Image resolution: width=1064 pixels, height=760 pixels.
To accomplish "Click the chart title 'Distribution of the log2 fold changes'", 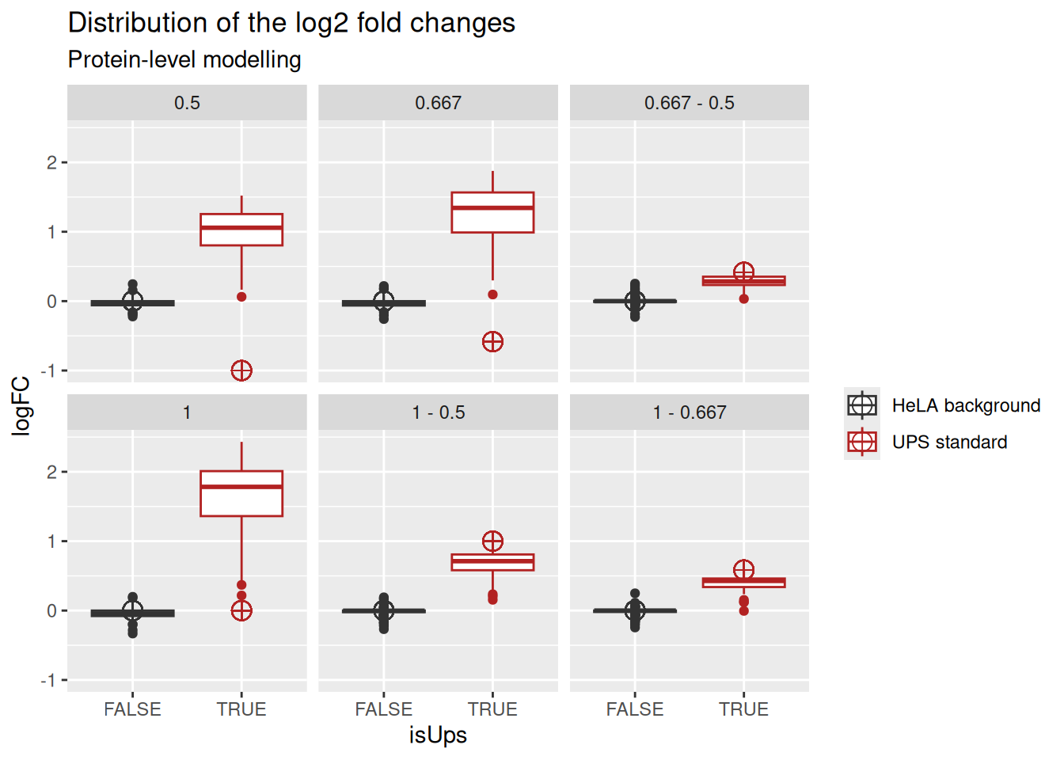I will (x=291, y=23).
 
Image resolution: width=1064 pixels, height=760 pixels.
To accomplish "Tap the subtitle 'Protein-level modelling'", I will (x=184, y=60).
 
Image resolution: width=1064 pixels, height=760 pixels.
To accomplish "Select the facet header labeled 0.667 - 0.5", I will (x=689, y=103).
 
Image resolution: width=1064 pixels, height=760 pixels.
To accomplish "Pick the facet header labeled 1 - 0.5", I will (x=438, y=412).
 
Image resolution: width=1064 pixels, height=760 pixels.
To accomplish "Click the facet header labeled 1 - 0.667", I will (x=689, y=412).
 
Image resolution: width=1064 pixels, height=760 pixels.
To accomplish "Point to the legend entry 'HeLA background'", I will (x=965, y=405).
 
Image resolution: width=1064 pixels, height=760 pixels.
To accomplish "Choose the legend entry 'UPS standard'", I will (x=948, y=442).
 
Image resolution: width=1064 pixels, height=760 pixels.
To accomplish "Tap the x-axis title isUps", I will (x=438, y=735).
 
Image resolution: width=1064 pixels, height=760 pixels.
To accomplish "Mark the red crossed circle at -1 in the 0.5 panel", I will (x=241, y=370).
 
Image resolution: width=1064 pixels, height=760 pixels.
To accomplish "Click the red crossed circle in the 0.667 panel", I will (x=492, y=342).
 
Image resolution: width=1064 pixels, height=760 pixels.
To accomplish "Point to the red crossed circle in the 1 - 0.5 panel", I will (x=492, y=541).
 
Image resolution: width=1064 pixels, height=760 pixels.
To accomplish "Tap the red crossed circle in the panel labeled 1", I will (x=241, y=610).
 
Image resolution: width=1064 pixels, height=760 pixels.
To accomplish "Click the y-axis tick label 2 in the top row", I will (x=51, y=162).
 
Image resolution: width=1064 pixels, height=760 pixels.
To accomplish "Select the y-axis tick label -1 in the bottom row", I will (x=49, y=680).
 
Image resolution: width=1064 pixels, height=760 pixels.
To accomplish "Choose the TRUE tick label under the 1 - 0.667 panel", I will (x=743, y=709).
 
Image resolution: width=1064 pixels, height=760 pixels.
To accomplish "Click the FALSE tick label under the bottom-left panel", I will (x=132, y=709).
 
